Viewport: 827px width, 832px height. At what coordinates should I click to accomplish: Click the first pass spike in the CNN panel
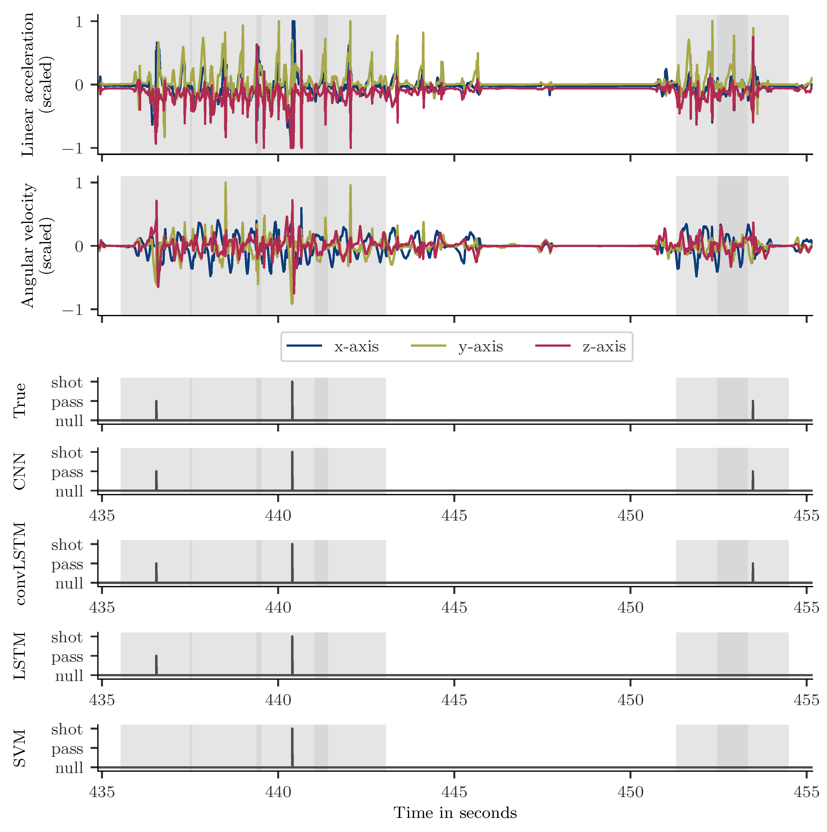click(x=156, y=480)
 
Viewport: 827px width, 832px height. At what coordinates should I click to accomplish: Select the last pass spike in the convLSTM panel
click(x=753, y=572)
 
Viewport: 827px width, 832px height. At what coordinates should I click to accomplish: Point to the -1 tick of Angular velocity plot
click(x=72, y=310)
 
